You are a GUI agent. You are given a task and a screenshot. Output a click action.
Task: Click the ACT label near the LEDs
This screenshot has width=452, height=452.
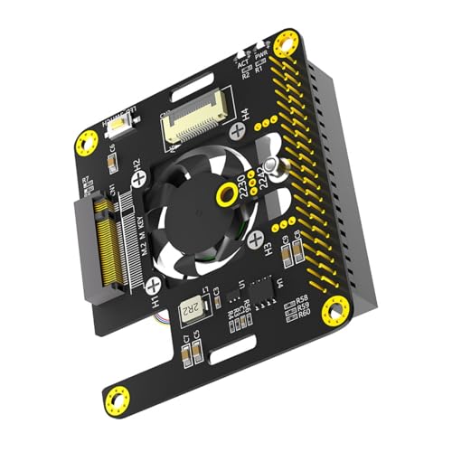[242, 64]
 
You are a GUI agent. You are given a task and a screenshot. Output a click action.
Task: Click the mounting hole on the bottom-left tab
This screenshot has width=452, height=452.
[115, 398]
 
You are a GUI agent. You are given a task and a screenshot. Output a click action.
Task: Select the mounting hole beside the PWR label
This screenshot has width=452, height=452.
[287, 42]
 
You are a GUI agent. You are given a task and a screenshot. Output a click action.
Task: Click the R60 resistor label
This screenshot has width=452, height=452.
[302, 315]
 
